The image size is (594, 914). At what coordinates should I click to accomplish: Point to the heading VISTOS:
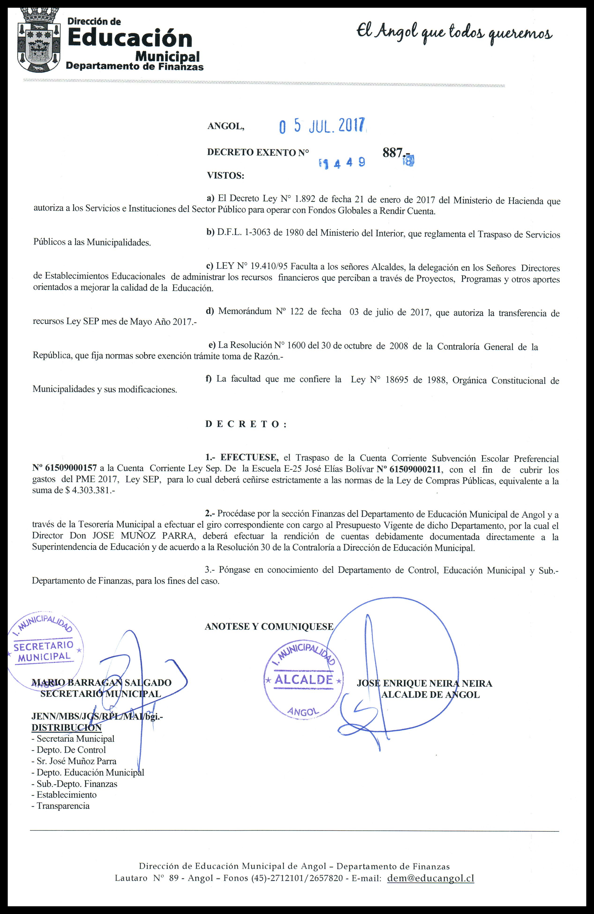[226, 176]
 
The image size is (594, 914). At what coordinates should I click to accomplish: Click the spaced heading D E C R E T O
[246, 424]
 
